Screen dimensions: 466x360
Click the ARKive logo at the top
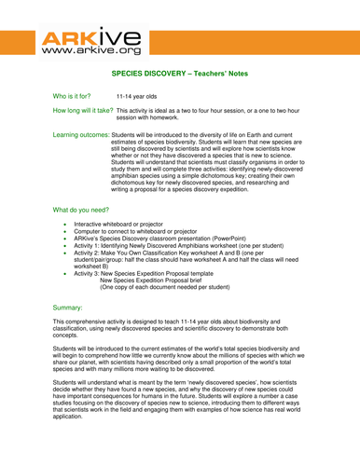pyautogui.click(x=90, y=39)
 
